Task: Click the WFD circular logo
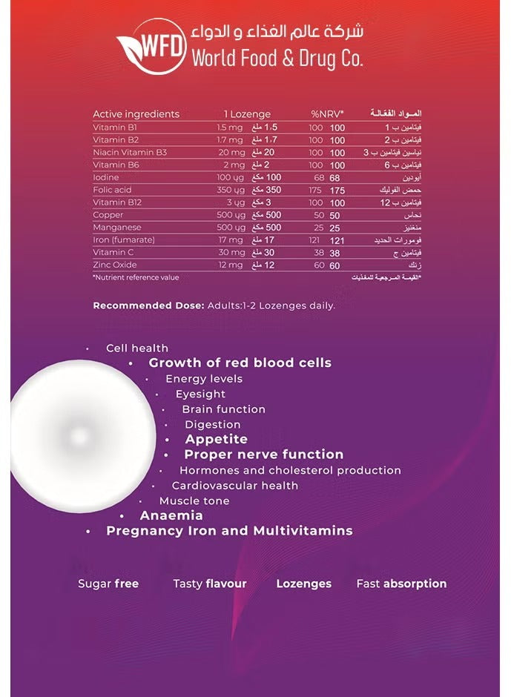[x=151, y=46]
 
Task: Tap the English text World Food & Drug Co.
[x=277, y=59]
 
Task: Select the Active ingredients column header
[x=136, y=114]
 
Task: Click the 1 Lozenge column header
[x=247, y=114]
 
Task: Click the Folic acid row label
[x=112, y=190]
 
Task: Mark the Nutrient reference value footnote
[x=136, y=277]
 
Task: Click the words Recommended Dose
[x=138, y=305]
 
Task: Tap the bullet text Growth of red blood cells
[x=240, y=363]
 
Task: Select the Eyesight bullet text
[x=200, y=394]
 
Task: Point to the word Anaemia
[x=171, y=515]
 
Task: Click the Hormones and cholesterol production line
[x=290, y=470]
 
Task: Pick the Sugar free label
[x=108, y=584]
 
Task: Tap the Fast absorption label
[x=401, y=584]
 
